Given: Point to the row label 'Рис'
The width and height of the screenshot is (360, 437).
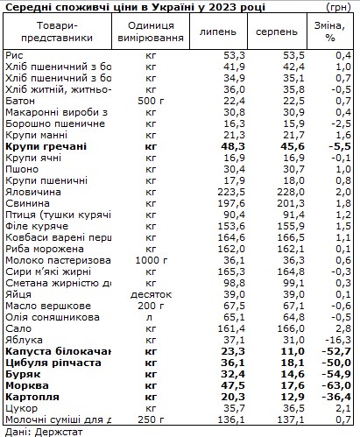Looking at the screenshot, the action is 14,54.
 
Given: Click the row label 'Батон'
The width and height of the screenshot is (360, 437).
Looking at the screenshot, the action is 20,100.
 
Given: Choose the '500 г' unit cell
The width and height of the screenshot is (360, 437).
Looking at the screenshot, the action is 151,100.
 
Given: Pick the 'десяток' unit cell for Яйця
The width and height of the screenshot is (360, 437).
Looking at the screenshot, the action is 151,293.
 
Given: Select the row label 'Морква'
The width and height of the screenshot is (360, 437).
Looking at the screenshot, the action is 27,384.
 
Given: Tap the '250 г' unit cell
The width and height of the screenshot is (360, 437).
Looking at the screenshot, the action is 151,419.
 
